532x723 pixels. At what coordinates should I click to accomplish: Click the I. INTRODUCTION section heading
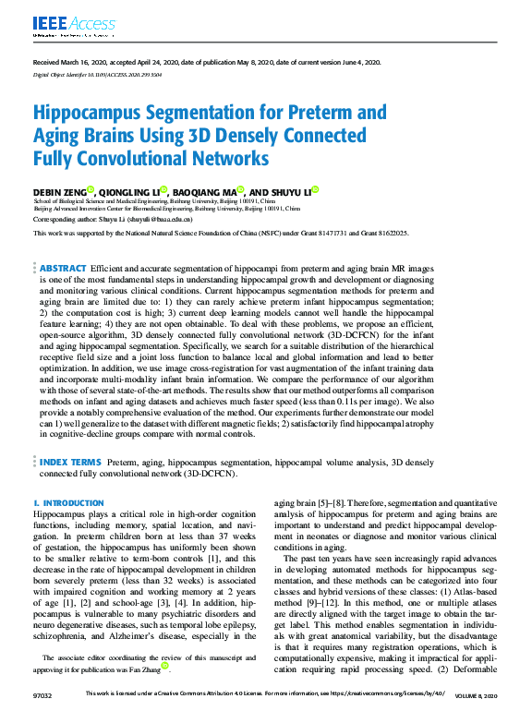coord(68,502)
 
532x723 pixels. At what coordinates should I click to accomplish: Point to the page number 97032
coord(42,693)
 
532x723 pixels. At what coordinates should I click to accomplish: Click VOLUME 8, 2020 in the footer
coord(477,693)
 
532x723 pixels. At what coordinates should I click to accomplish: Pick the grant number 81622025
coord(386,234)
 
